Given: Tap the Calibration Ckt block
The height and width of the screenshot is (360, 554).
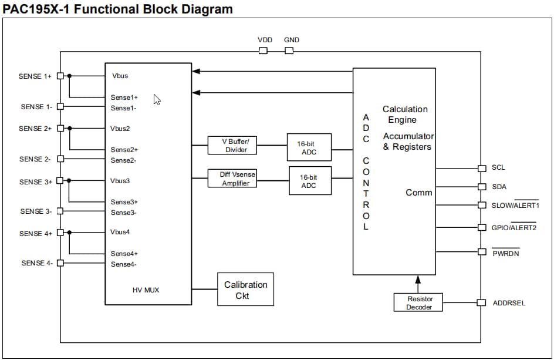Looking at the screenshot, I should click(245, 290).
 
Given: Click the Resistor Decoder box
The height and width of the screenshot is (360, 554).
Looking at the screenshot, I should click(418, 302).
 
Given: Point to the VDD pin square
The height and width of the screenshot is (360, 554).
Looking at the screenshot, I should click(263, 51).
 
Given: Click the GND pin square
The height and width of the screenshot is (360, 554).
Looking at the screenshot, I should click(289, 51).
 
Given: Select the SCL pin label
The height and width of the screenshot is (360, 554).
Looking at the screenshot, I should click(498, 168).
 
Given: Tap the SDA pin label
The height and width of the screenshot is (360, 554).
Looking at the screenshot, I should click(499, 187).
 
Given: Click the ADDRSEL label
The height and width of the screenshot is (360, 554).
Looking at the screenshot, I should click(509, 303).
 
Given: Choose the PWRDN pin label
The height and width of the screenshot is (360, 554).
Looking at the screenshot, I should click(505, 253).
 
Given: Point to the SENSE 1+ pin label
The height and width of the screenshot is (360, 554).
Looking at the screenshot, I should click(35, 76).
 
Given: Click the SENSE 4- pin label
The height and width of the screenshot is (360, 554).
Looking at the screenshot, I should click(37, 263).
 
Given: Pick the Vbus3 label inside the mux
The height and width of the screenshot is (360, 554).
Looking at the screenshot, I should click(120, 181).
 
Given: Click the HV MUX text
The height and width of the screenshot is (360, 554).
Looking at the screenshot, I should click(147, 290).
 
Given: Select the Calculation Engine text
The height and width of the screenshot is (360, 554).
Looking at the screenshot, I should click(404, 115).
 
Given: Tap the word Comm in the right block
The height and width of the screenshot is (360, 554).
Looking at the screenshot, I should click(418, 193).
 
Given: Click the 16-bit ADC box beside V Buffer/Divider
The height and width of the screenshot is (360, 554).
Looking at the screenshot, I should click(309, 147).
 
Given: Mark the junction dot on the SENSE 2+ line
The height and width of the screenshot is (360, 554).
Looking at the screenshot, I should click(69, 129).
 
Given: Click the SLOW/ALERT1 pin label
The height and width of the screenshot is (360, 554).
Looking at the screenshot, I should click(515, 206).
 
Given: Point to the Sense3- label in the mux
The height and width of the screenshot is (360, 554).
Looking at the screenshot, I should click(123, 213).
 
